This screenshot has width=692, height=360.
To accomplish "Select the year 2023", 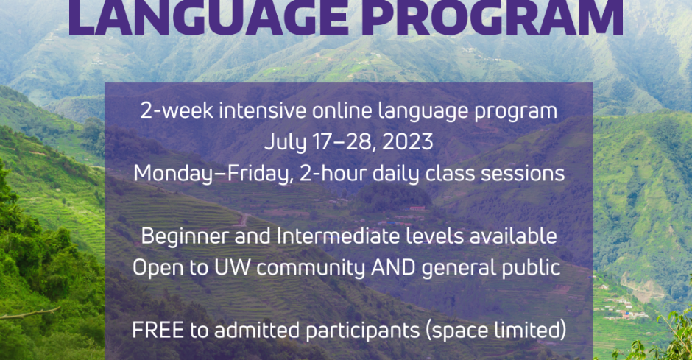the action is pos(407,142).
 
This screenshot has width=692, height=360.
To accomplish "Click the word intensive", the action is pos(263,110).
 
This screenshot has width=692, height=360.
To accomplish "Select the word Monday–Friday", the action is pos(213,174).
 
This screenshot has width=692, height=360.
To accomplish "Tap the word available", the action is pos(513,236).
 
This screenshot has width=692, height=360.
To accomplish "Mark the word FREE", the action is pos(158,331).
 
